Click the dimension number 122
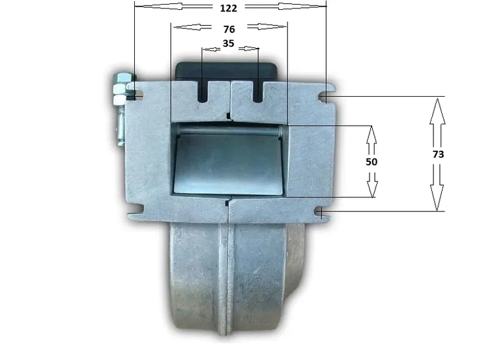(228, 9)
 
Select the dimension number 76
(229, 30)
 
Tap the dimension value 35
(228, 43)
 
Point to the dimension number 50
(372, 161)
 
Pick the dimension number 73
(438, 154)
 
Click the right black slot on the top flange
(258, 92)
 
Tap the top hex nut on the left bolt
(121, 78)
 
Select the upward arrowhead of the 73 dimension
(438, 111)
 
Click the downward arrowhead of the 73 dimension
(437, 198)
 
